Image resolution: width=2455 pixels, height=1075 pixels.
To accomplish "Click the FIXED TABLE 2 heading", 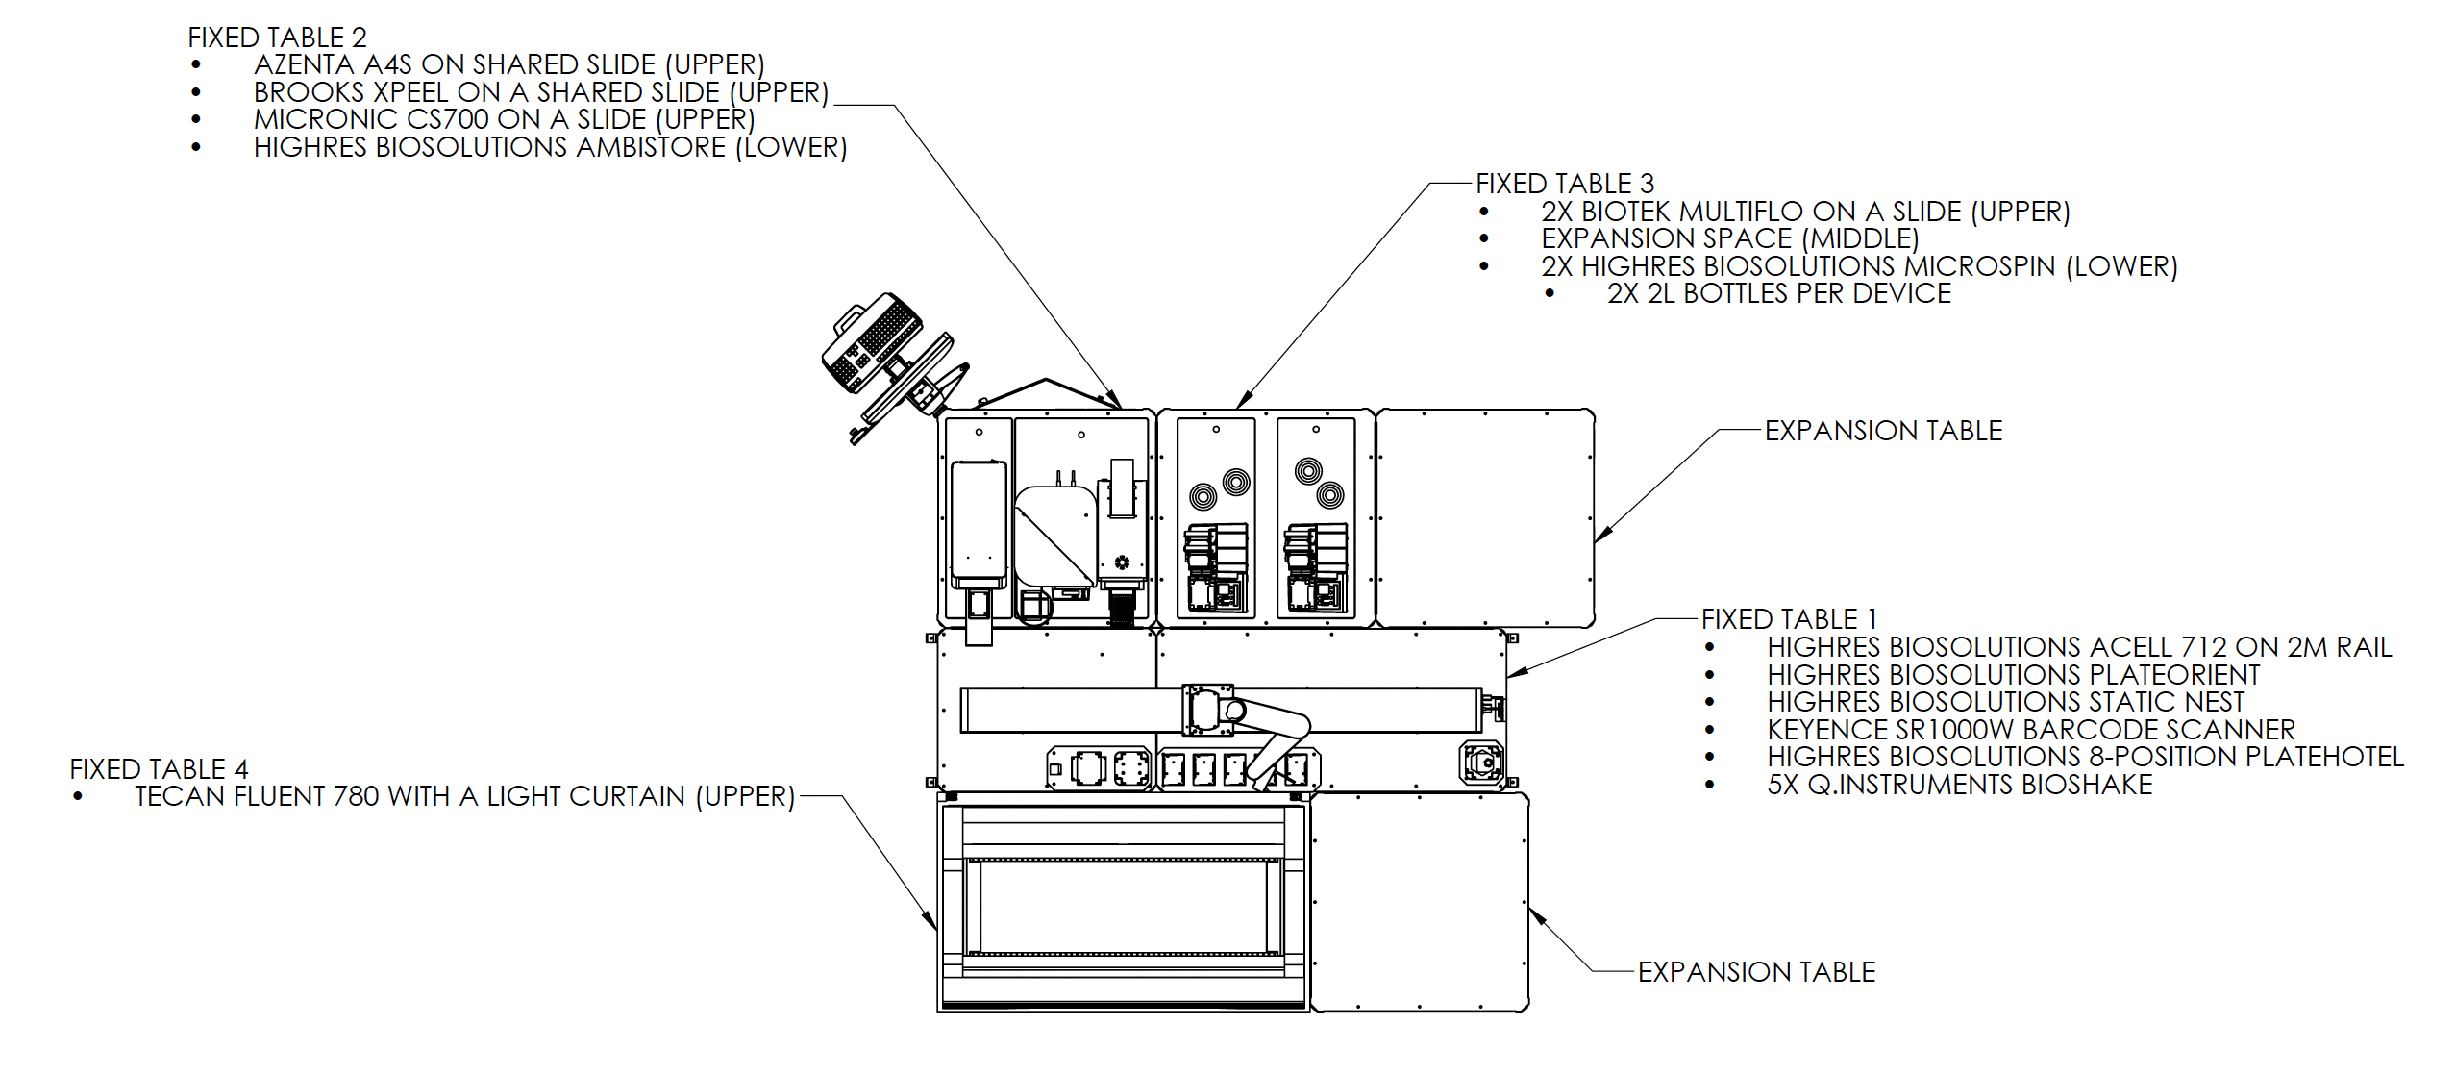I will click(277, 37).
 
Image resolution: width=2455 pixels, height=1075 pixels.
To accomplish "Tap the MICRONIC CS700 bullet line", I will click(504, 119).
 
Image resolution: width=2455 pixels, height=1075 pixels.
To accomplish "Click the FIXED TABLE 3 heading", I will click(1565, 184).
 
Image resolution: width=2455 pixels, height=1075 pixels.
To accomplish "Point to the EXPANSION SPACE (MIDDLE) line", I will click(1729, 238).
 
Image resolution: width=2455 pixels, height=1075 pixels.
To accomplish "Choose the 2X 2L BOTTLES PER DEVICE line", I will click(1778, 293).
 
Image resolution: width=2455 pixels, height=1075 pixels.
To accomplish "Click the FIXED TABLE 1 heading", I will click(1789, 618).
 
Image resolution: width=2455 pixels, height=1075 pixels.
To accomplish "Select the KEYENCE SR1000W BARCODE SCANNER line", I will click(2030, 729).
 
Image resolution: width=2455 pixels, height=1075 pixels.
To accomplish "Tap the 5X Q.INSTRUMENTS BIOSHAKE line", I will click(1959, 785).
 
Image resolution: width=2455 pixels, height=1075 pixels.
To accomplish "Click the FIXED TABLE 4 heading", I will click(159, 768).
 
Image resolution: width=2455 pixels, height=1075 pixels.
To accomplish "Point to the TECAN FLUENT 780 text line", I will click(464, 796).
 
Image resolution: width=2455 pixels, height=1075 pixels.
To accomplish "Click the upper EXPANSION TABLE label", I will click(1883, 430).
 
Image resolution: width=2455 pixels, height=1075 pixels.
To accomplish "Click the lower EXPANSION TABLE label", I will click(1756, 971).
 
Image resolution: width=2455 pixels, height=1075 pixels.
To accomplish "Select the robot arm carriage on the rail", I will click(1207, 712).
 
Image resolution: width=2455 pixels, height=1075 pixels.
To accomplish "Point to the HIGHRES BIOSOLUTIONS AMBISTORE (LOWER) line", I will click(550, 147).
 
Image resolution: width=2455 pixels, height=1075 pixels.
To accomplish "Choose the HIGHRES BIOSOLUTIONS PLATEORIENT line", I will click(2013, 674).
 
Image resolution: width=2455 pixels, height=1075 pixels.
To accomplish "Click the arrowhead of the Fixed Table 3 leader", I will click(1240, 404).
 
